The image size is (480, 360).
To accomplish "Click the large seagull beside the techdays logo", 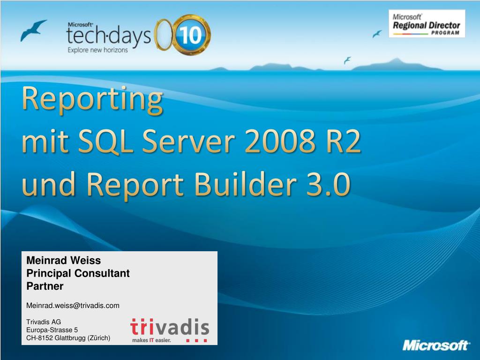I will (x=34, y=30).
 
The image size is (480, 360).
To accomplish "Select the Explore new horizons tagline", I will (x=97, y=50).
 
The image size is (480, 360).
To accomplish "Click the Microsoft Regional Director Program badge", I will (x=427, y=23).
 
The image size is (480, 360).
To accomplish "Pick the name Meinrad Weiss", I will (x=64, y=260).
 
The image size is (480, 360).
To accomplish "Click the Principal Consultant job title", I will (x=78, y=273).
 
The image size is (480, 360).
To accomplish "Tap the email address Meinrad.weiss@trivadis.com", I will (x=73, y=306).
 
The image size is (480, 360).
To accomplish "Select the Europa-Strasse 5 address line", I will (x=52, y=330).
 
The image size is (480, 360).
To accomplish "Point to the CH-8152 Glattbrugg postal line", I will (x=68, y=337).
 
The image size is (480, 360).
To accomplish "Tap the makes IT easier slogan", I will (x=151, y=339).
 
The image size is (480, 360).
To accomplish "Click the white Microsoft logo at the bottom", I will (x=436, y=346).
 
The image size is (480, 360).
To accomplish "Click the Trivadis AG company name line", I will (x=44, y=322).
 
